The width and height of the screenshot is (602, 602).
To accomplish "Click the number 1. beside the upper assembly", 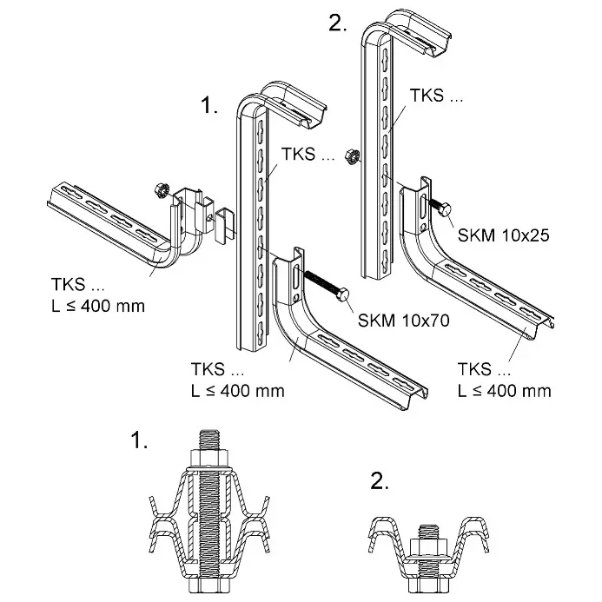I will [x=208, y=106].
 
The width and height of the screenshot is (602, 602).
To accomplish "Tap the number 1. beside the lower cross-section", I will [x=139, y=440].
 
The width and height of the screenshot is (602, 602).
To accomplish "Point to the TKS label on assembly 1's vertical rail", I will [x=308, y=157].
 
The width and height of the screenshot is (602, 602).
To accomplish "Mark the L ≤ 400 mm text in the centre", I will [x=237, y=390].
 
